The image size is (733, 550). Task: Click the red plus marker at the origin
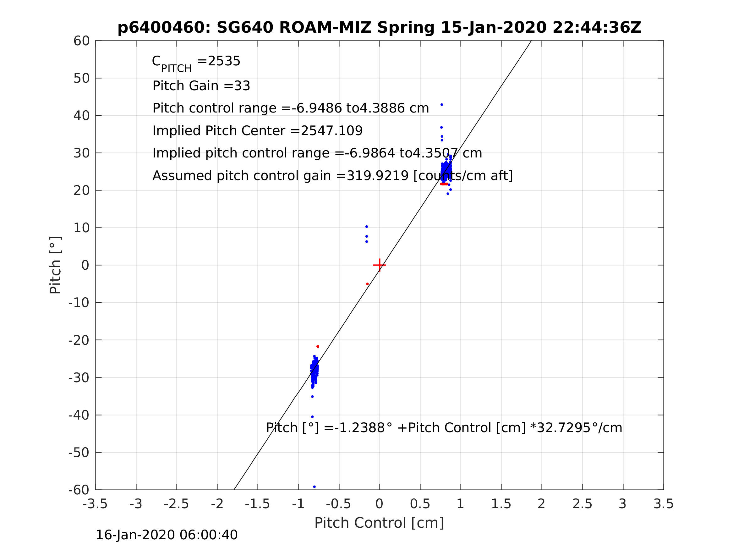click(380, 265)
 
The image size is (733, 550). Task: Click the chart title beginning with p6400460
click(380, 28)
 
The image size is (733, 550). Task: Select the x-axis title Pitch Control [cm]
click(379, 523)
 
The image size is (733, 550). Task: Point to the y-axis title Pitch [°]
click(55, 265)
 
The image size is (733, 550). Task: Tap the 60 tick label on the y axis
click(81, 41)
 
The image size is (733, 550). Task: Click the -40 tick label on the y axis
click(79, 415)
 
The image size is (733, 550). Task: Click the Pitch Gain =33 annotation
click(201, 86)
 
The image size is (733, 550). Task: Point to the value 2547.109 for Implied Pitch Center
click(332, 131)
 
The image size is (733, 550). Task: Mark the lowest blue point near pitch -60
click(315, 487)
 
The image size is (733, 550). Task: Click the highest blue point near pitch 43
click(442, 105)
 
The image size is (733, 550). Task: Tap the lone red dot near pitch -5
click(368, 284)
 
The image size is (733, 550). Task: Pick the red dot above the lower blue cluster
click(318, 346)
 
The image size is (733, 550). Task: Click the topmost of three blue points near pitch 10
click(366, 227)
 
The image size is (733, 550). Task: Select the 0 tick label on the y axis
click(85, 266)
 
